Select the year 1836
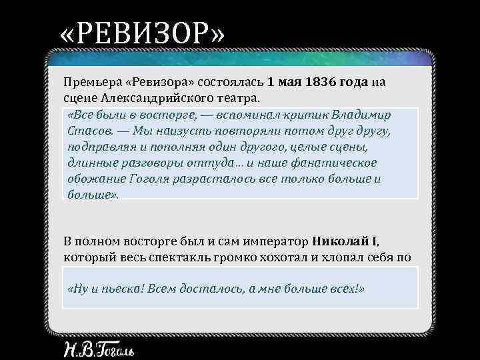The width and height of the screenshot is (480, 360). point(317,83)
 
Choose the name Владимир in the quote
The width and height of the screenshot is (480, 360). point(361,114)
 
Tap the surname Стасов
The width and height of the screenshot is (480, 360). point(85,130)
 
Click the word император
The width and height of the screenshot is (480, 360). point(275,241)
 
